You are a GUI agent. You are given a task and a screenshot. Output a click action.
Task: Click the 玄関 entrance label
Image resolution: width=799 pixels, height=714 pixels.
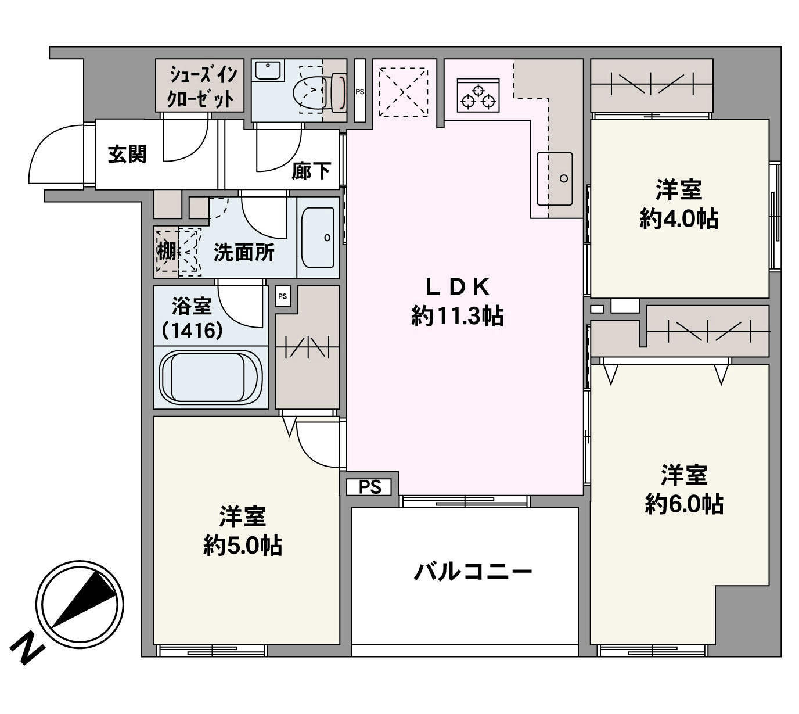pyautogui.click(x=127, y=154)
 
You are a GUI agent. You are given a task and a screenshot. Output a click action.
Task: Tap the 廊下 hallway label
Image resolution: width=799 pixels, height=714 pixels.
pyautogui.click(x=311, y=171)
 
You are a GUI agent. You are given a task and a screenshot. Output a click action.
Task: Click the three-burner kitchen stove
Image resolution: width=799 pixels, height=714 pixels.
pyautogui.click(x=478, y=95)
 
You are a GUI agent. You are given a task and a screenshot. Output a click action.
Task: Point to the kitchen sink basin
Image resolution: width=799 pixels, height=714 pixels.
pyautogui.click(x=555, y=179)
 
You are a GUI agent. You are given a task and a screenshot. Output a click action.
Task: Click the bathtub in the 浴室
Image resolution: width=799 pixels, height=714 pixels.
pyautogui.click(x=211, y=377)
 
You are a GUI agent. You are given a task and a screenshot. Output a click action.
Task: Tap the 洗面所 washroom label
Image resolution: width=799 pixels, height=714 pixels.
pyautogui.click(x=244, y=253)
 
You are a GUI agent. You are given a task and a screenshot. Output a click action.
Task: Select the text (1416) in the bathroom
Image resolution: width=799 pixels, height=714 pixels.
pyautogui.click(x=193, y=331)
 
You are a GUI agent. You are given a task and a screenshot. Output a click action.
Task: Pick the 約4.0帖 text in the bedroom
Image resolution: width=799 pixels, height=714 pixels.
pyautogui.click(x=679, y=220)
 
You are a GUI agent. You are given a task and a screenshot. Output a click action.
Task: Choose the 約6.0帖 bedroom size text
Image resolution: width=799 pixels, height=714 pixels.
pyautogui.click(x=684, y=505)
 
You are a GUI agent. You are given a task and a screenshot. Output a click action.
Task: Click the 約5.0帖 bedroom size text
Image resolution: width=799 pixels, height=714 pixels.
pyautogui.click(x=243, y=546)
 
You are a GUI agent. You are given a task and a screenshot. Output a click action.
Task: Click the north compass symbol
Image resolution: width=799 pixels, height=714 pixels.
pyautogui.click(x=80, y=604)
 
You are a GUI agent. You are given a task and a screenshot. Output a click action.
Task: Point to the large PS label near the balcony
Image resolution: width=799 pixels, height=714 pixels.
pyautogui.click(x=370, y=487)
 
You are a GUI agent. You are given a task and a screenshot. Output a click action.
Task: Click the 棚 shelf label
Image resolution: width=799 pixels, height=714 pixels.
pyautogui.click(x=166, y=252)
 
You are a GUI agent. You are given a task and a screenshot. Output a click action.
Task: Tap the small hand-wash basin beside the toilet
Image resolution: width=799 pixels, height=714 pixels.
pyautogui.click(x=268, y=71)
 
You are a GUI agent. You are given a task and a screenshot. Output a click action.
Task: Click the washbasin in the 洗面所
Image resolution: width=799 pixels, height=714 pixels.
pyautogui.click(x=318, y=238)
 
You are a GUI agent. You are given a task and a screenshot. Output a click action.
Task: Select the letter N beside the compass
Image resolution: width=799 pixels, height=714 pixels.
pyautogui.click(x=26, y=652)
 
